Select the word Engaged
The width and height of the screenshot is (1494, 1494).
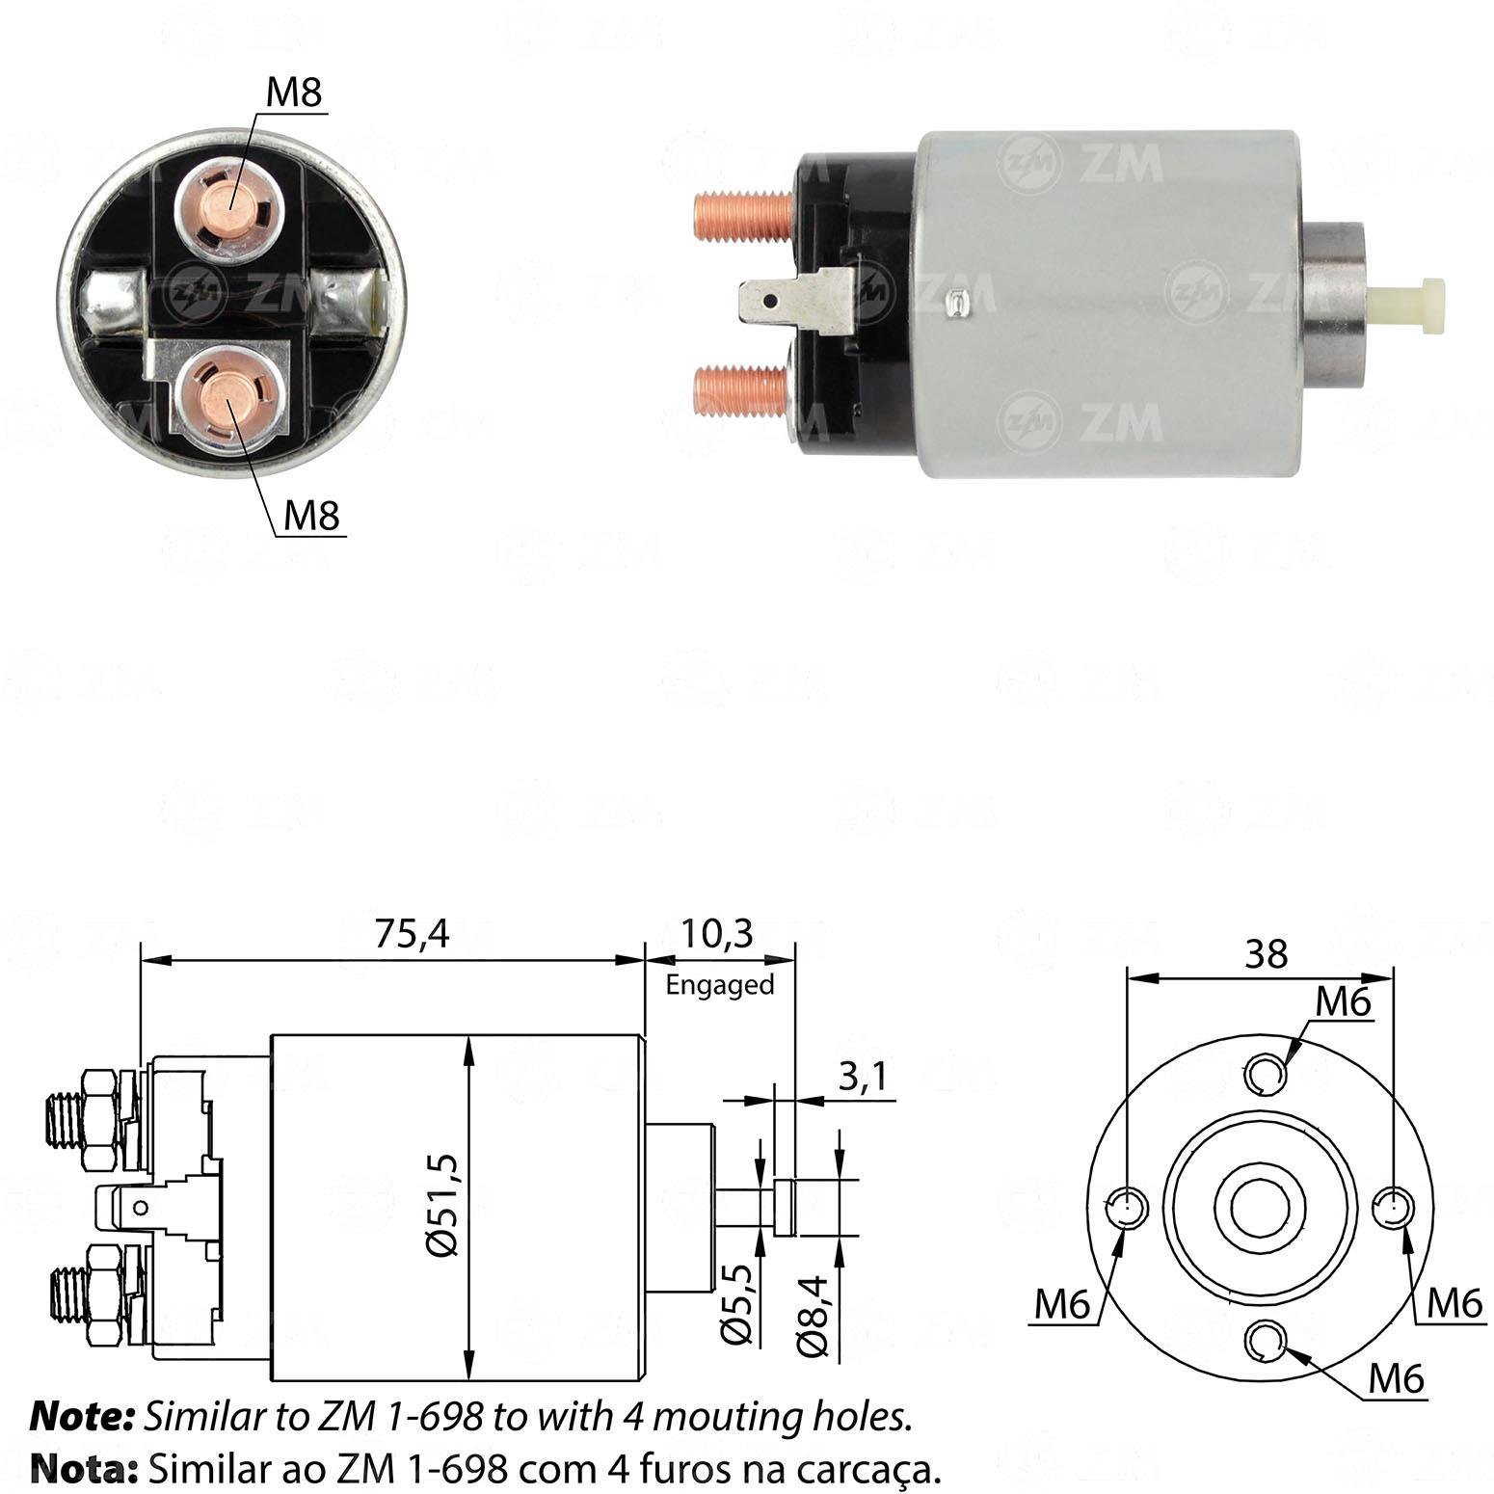(720, 984)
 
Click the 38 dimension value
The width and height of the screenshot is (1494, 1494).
(1266, 953)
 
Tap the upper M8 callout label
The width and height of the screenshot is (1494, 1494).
(294, 93)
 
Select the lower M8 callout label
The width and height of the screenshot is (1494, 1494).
(312, 517)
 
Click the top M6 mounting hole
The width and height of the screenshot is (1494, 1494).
(1263, 1073)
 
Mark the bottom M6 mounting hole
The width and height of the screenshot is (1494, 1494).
(1263, 1341)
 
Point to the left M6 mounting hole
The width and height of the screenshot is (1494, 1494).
(1125, 1207)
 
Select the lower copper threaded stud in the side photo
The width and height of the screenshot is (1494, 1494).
(741, 389)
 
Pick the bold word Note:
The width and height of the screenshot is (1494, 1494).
(82, 1416)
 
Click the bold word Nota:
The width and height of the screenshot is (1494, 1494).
(82, 1468)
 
